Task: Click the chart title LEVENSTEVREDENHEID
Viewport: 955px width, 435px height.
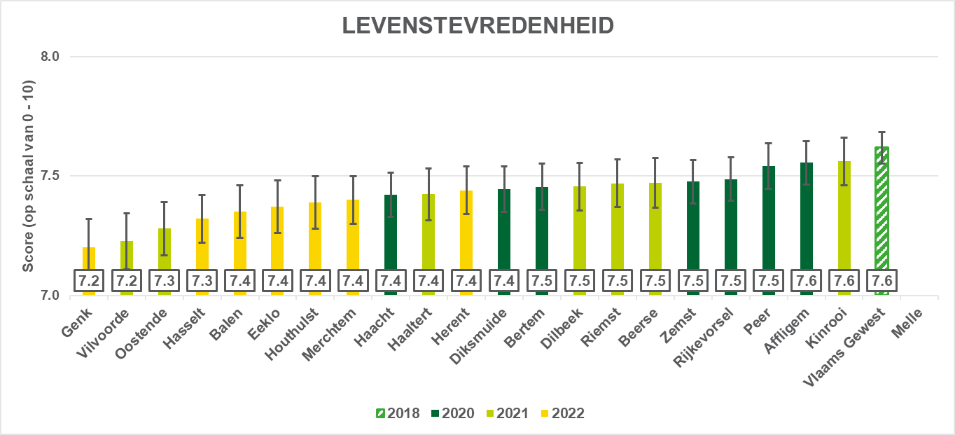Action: tap(478, 26)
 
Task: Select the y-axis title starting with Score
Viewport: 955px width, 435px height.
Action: tap(29, 175)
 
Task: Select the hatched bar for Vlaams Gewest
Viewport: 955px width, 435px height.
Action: tap(881, 210)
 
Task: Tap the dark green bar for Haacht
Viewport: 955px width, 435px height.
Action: tap(391, 231)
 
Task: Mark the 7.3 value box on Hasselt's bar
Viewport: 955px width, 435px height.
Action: tap(202, 281)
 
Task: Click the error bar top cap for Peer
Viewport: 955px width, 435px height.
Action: tap(768, 143)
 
